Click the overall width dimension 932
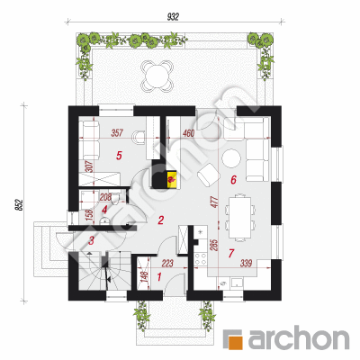(x=173, y=17)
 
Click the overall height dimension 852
(x=19, y=205)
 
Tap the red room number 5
(x=119, y=156)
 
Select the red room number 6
(x=233, y=180)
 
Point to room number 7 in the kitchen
(x=230, y=254)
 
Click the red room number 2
(x=161, y=220)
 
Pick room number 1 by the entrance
(x=159, y=276)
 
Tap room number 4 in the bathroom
(x=104, y=210)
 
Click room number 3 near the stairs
(x=92, y=240)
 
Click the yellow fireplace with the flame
(x=171, y=179)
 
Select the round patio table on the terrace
(x=157, y=76)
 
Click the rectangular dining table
(x=240, y=217)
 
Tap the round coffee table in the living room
(x=231, y=158)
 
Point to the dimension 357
(x=117, y=132)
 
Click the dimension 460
(x=188, y=133)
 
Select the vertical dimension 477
(x=213, y=202)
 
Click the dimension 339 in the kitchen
(x=246, y=264)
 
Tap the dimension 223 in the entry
(x=167, y=264)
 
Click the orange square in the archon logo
(x=235, y=339)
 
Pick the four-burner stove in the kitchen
(x=201, y=259)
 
